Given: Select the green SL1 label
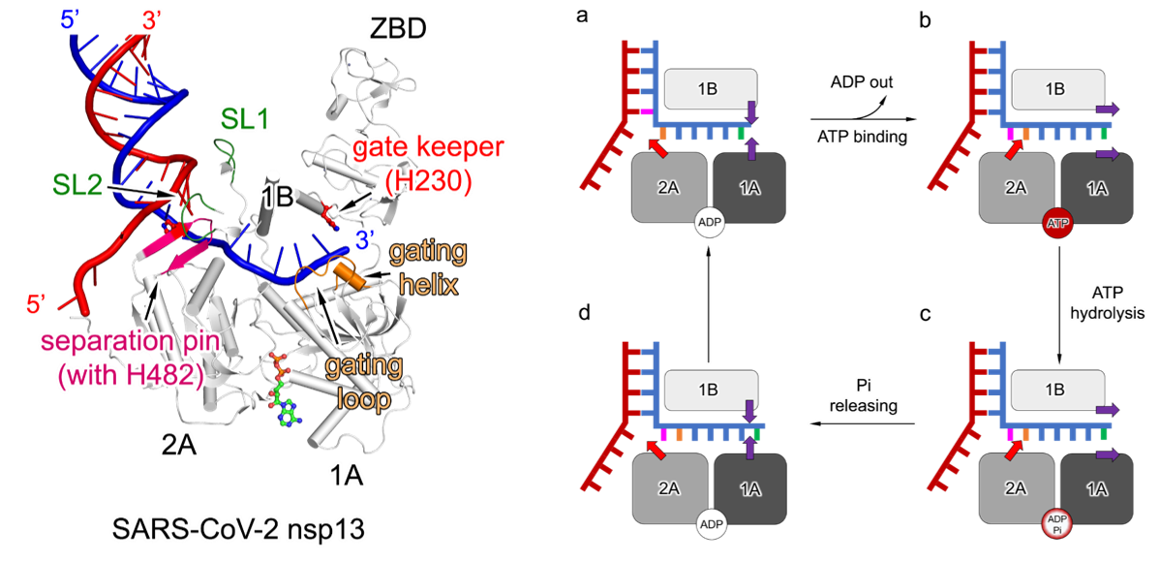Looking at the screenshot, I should tap(244, 119).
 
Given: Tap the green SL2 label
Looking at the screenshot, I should tap(76, 185).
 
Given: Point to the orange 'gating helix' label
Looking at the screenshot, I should tap(428, 266).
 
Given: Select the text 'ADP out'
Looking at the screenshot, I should tap(861, 82).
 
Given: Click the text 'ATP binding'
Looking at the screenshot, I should tap(861, 137).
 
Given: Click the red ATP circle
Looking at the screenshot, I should tap(1058, 224).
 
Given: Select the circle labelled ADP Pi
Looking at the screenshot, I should tap(1057, 527).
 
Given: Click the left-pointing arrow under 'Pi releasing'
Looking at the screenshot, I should tap(862, 423).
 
